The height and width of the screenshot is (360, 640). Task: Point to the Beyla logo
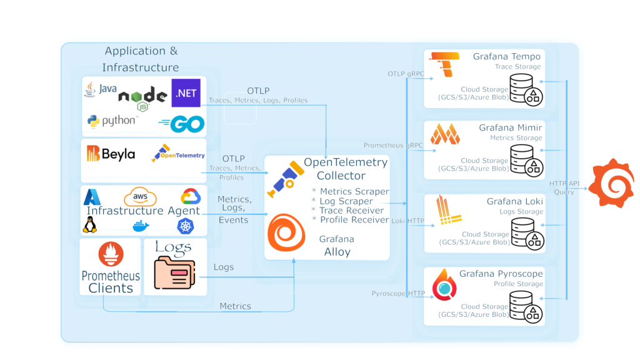111,154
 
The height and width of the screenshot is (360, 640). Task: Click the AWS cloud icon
139,197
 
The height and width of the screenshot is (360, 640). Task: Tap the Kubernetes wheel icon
186,226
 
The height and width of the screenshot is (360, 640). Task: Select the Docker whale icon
141,226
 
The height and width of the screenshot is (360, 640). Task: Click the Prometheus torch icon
111,253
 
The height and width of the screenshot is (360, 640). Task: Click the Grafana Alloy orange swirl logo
287,234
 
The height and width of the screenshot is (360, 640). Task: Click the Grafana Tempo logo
444,65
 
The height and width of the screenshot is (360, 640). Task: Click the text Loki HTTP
407,221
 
